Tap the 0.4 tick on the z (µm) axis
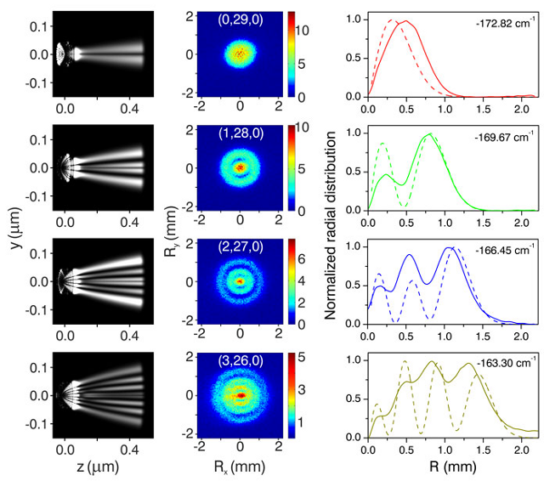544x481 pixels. pos(136,444)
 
